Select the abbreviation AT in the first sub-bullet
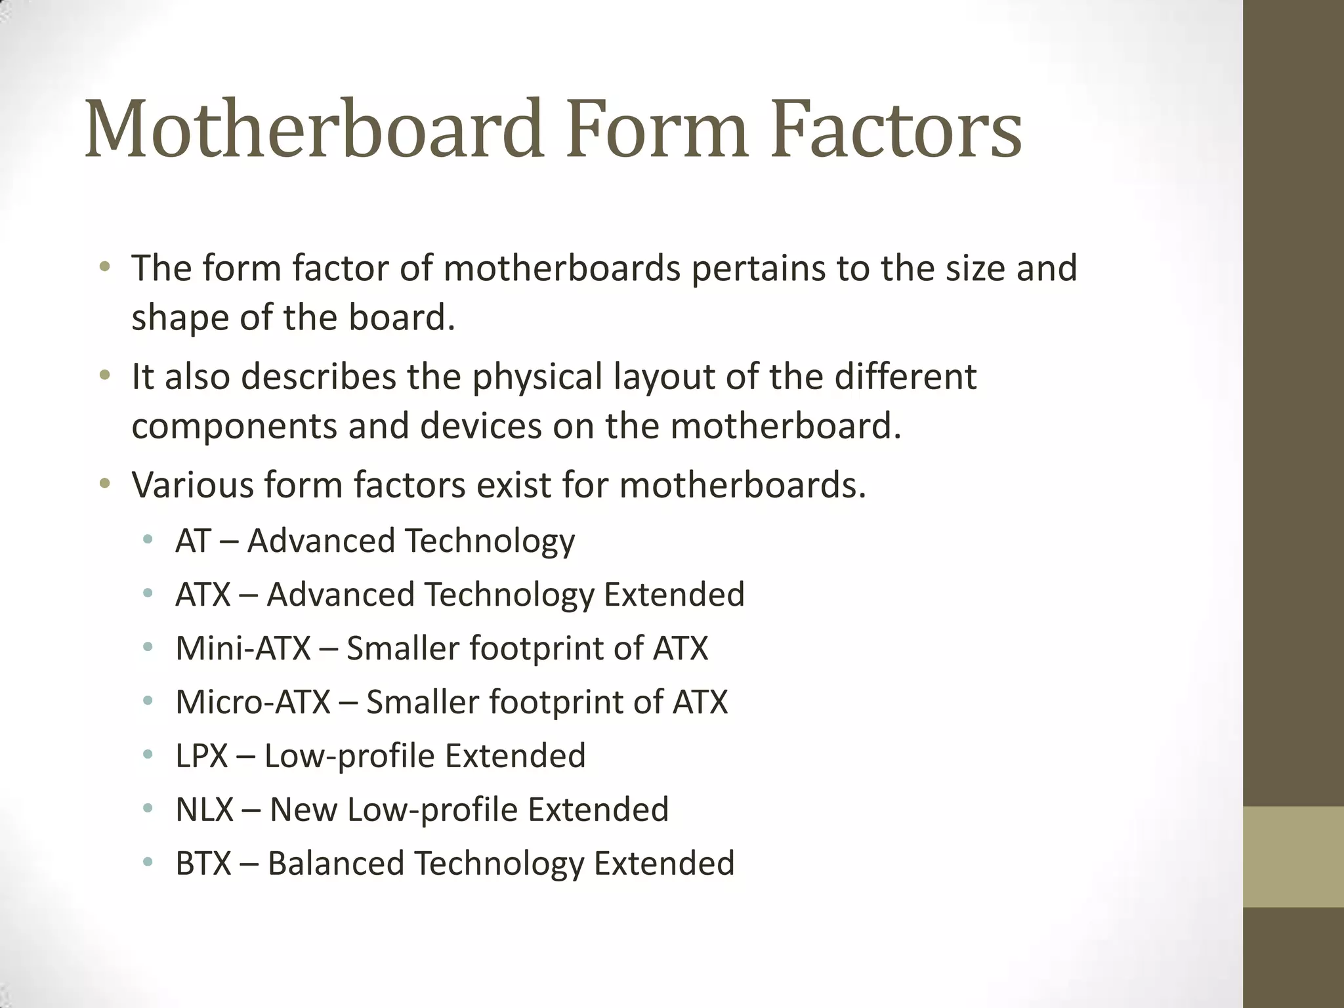coord(192,541)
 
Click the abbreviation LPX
coord(201,756)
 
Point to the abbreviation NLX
coord(204,810)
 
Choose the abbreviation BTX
coord(203,864)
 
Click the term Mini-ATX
coord(243,648)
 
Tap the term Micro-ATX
coord(253,702)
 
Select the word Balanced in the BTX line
coord(335,864)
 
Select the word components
coord(234,427)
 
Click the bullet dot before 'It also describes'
coord(104,377)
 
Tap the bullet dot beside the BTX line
coord(148,862)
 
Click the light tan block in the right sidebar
coord(1293,856)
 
